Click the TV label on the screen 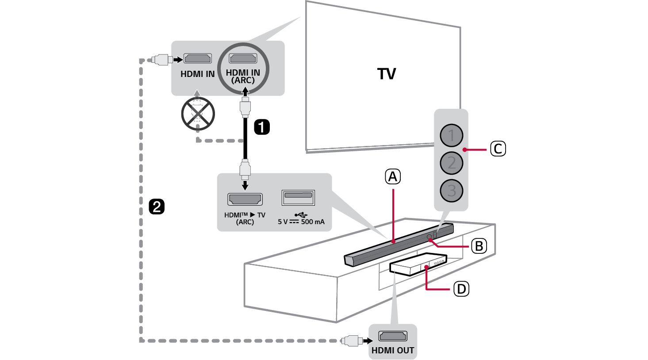[387, 74]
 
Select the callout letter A [392, 177]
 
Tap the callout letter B [479, 246]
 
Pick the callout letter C [498, 149]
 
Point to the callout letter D [461, 289]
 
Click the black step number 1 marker [261, 127]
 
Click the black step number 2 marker [157, 207]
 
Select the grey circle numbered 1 [451, 135]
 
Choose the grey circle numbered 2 [451, 163]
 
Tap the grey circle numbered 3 [451, 191]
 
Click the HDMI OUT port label [393, 350]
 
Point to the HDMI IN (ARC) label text [243, 76]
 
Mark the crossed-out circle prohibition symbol [198, 114]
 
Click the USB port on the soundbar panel [298, 197]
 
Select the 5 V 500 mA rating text [301, 222]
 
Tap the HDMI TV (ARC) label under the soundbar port [245, 218]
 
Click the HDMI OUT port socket [393, 336]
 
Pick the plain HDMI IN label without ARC [197, 74]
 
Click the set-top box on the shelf [418, 264]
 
